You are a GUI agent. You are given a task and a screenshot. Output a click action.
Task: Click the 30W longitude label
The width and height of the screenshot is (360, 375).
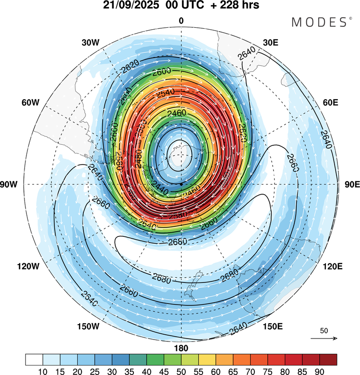[90, 43]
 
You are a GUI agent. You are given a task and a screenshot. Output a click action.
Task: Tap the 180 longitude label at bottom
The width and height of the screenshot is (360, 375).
[181, 348]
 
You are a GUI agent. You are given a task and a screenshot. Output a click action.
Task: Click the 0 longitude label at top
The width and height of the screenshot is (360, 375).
[181, 21]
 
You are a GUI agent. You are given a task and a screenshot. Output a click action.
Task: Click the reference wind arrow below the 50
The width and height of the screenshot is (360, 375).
[324, 338]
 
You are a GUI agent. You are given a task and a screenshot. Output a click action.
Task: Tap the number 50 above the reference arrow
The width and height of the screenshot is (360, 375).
[324, 331]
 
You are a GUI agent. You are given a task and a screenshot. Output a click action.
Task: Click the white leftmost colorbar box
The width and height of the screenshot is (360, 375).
[34, 359]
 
